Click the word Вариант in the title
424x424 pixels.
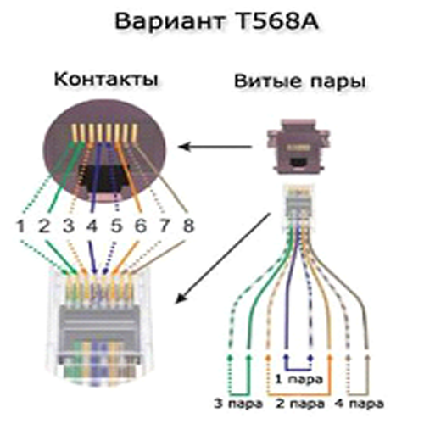170,22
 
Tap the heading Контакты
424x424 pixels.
106,79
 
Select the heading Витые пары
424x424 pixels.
300,82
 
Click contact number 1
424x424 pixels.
20,226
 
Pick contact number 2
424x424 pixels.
44,226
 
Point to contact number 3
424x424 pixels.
68,226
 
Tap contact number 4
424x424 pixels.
92,226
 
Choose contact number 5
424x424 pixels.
116,226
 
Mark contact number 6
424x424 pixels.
141,226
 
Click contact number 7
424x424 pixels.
165,226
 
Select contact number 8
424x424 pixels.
188,226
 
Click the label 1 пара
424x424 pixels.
299,380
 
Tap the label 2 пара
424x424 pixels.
300,404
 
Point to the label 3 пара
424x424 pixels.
238,404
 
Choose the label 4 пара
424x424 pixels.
359,404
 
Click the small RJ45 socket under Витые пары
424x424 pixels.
298,146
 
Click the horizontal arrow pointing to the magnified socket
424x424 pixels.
215,147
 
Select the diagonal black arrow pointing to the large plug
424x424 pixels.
222,259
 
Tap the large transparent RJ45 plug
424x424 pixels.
99,325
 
